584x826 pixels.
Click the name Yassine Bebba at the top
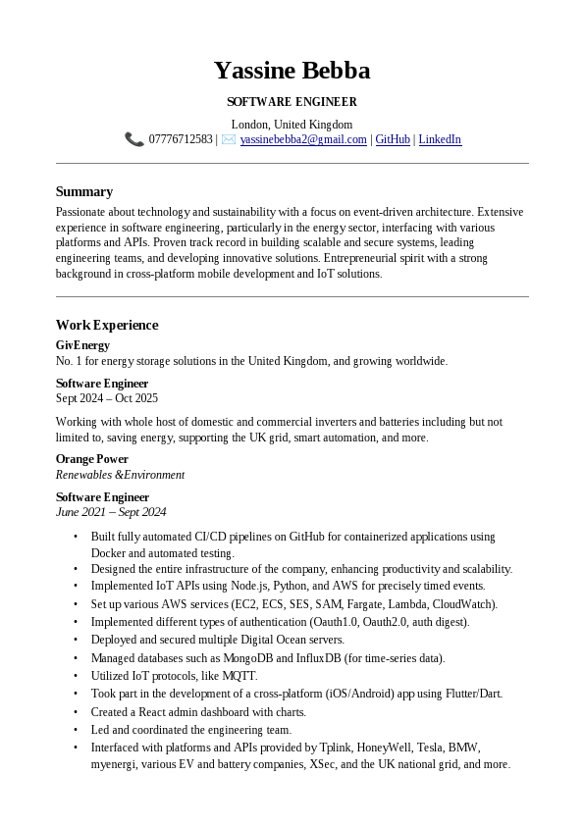pyautogui.click(x=292, y=71)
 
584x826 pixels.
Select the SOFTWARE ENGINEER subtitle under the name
pyautogui.click(x=292, y=102)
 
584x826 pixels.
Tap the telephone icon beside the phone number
pyautogui.click(x=134, y=139)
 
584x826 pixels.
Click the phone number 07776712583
pyautogui.click(x=181, y=139)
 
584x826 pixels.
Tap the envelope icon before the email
pyautogui.click(x=229, y=139)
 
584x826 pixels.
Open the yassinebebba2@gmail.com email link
pyautogui.click(x=303, y=139)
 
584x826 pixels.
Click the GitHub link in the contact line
pyautogui.click(x=393, y=139)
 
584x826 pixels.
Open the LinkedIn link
pyautogui.click(x=440, y=139)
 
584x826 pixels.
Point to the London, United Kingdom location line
pyautogui.click(x=292, y=125)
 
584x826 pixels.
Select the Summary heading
pyautogui.click(x=84, y=191)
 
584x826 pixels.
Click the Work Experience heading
pyautogui.click(x=107, y=325)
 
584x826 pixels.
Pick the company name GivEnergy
pyautogui.click(x=82, y=345)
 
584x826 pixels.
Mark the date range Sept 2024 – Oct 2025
pyautogui.click(x=107, y=398)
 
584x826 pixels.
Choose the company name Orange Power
pyautogui.click(x=92, y=459)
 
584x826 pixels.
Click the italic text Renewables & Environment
pyautogui.click(x=120, y=475)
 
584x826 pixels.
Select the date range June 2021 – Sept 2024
pyautogui.click(x=111, y=512)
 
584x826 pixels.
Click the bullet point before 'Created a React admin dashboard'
pyautogui.click(x=76, y=712)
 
